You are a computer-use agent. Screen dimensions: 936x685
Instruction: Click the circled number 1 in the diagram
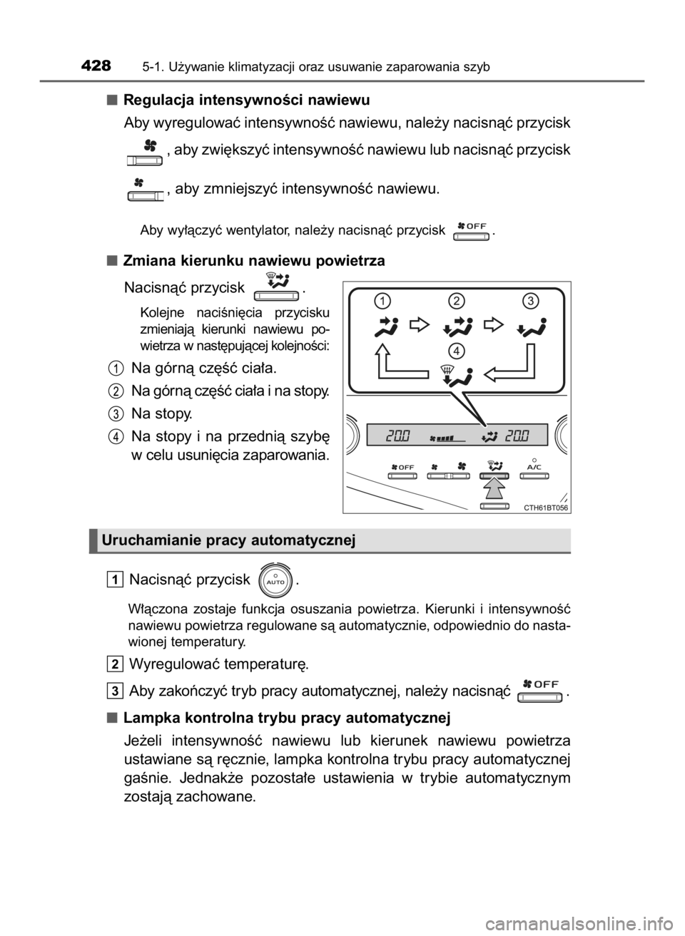click(x=385, y=301)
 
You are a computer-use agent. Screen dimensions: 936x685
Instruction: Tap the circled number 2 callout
click(x=457, y=301)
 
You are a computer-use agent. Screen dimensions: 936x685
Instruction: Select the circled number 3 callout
click(x=530, y=301)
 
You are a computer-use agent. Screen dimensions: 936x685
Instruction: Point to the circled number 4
click(x=457, y=350)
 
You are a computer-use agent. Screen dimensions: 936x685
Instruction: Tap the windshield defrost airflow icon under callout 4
click(x=455, y=376)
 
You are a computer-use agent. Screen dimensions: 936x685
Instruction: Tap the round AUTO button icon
click(x=275, y=579)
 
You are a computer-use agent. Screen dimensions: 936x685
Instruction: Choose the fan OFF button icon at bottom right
click(x=540, y=689)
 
